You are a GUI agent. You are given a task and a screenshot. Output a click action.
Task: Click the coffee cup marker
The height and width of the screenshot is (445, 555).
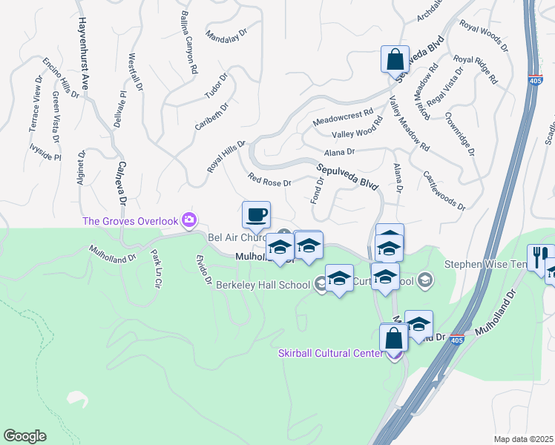point(256,215)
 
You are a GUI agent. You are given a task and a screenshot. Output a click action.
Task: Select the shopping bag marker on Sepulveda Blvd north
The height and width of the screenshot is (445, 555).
point(395,59)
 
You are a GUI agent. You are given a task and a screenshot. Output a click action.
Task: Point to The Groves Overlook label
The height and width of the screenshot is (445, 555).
point(131,220)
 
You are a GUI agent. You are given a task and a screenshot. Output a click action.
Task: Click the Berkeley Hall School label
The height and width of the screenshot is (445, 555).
point(263,284)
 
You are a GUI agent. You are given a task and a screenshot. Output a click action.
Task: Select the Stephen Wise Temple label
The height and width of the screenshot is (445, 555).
point(486,264)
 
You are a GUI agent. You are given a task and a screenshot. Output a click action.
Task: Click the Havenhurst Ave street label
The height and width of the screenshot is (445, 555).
point(83,54)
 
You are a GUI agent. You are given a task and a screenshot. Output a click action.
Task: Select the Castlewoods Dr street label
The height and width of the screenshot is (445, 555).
point(443,190)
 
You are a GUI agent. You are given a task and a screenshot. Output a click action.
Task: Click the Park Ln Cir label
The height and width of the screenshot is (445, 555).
point(157,268)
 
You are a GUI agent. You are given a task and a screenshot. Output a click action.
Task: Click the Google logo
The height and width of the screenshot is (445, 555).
point(24,435)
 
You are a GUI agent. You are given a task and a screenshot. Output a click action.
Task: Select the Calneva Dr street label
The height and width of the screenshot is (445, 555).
point(122,184)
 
